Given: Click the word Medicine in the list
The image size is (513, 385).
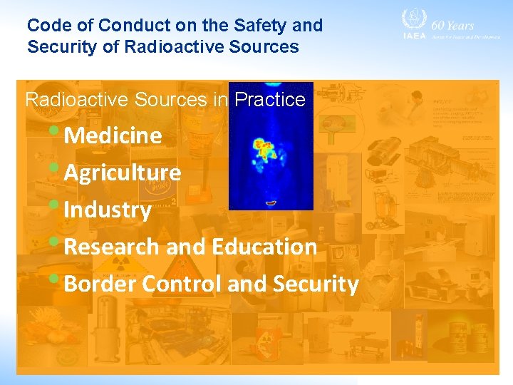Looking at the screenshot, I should tap(113, 135).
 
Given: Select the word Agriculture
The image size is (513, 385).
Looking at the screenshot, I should tap(122, 173).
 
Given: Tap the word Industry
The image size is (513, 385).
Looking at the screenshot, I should tap(108, 210).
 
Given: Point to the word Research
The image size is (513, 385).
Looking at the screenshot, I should tap(112, 247).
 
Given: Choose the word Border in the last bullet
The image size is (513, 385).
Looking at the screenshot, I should tap(100, 284).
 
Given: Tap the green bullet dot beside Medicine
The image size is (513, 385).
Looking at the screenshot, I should tap(56, 130).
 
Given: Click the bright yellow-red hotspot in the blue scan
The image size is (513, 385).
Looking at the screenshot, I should tap(264, 149).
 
